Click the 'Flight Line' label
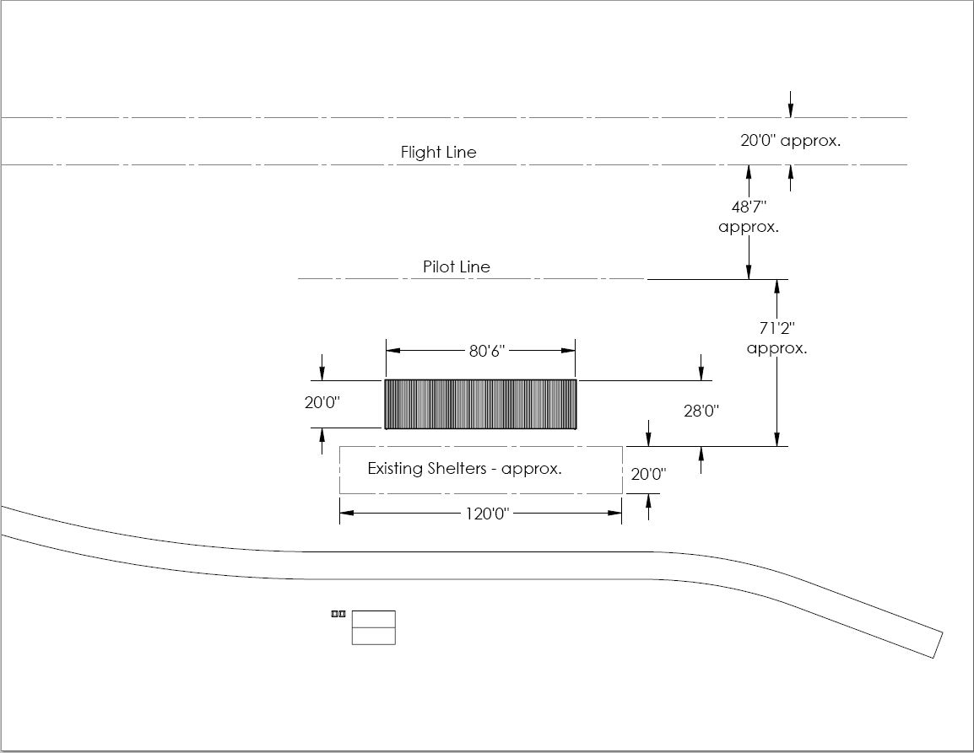[438, 153]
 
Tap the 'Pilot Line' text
[456, 267]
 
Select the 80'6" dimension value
[487, 351]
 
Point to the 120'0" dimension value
[487, 513]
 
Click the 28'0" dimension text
[701, 411]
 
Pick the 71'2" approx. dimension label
[776, 338]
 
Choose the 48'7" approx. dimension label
[748, 217]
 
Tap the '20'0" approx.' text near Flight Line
[790, 141]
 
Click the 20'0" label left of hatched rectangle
[322, 403]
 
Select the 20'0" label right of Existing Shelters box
[648, 475]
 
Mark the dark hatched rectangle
[480, 405]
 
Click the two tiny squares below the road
[338, 615]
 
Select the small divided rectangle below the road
[373, 627]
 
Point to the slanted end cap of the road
[938, 644]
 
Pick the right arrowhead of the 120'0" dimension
[616, 512]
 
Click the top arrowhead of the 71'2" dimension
[776, 286]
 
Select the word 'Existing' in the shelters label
[396, 468]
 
